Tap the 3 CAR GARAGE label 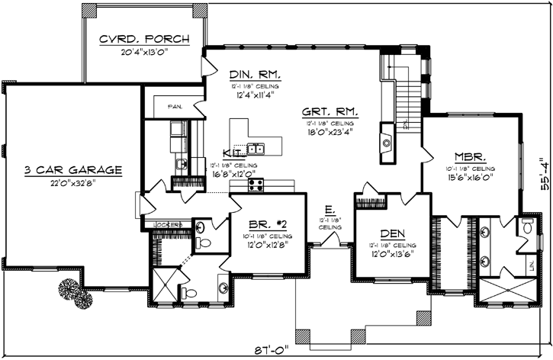pos(72,169)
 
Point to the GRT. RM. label pos(330,112)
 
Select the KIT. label pos(233,153)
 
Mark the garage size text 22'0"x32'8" pos(72,183)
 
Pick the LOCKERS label pos(169,224)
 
